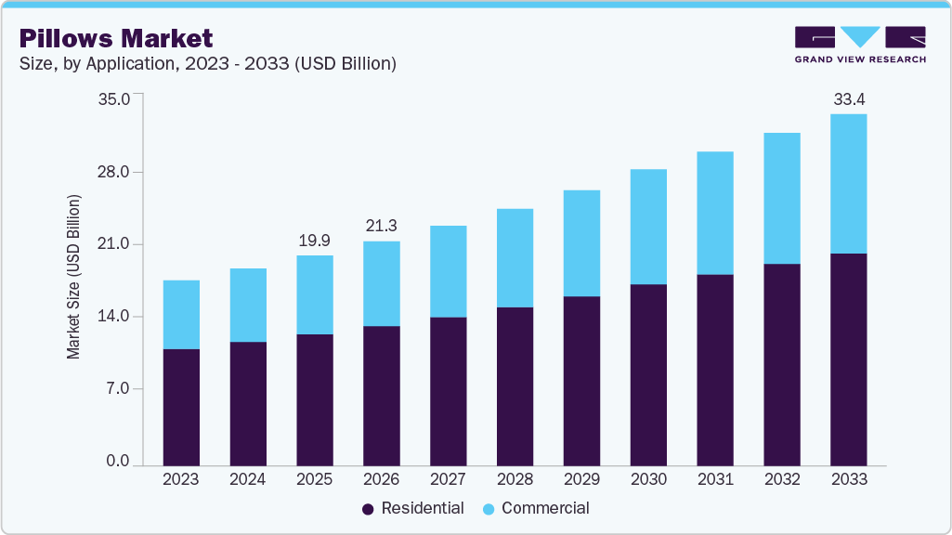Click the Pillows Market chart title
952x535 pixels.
pos(116,38)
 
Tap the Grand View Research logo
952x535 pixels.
pos(859,45)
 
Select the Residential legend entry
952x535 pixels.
pos(412,508)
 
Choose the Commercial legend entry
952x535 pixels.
pos(536,508)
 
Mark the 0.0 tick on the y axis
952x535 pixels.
pos(117,462)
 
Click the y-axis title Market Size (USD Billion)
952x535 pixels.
pos(73,278)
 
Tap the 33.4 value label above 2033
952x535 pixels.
pos(849,98)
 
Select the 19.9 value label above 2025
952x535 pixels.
pos(315,241)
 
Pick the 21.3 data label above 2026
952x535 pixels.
pos(382,226)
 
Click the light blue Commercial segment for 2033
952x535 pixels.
pos(849,183)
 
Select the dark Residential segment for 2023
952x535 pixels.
pos(181,407)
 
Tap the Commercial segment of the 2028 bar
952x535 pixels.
pos(515,257)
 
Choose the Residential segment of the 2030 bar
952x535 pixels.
pos(648,374)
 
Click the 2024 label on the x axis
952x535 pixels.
pos(248,480)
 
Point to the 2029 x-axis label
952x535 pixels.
pos(581,480)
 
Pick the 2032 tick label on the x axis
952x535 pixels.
pos(782,480)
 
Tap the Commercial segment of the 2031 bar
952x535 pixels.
pos(715,213)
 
